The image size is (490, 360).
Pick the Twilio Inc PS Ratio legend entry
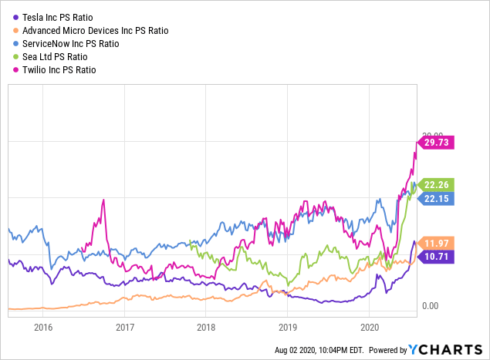[x=65, y=70]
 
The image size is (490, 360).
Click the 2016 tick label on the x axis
[x=43, y=326]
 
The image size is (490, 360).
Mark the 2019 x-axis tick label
[x=287, y=326]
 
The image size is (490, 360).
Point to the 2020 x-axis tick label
[x=369, y=326]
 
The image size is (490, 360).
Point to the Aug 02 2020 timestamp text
[x=318, y=350]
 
